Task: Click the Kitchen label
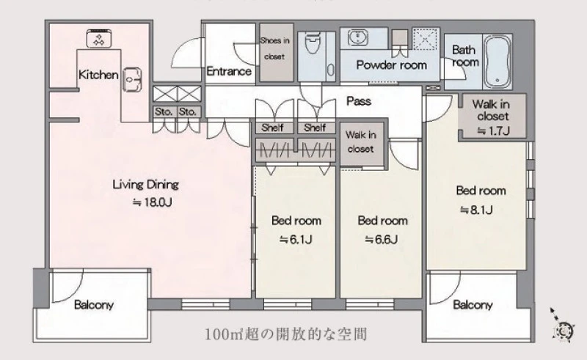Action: click(98, 75)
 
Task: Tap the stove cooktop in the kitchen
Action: click(100, 39)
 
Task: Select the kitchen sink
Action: click(132, 79)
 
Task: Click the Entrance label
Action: click(229, 71)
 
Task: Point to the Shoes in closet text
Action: click(274, 48)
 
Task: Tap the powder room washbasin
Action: click(358, 38)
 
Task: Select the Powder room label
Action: click(391, 65)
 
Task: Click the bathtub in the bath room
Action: click(497, 62)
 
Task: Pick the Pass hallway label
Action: click(359, 101)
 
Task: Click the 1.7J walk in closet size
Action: click(493, 131)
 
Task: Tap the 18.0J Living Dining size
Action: click(153, 202)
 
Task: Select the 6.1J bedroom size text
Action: click(296, 239)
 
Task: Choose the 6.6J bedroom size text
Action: click(381, 239)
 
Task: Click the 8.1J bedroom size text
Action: click(476, 210)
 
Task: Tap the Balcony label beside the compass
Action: click(473, 305)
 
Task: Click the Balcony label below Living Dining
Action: click(94, 305)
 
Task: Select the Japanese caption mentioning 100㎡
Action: click(285, 334)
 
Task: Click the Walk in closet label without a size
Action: click(360, 142)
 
